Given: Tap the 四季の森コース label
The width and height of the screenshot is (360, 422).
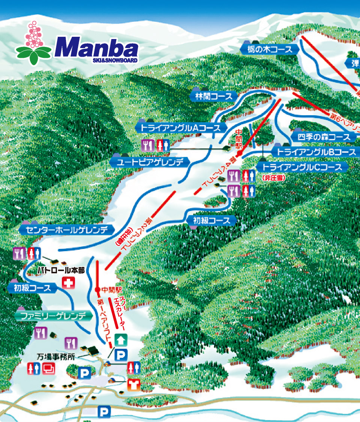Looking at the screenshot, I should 323,137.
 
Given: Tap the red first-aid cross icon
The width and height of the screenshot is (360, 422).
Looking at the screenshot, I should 68,283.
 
